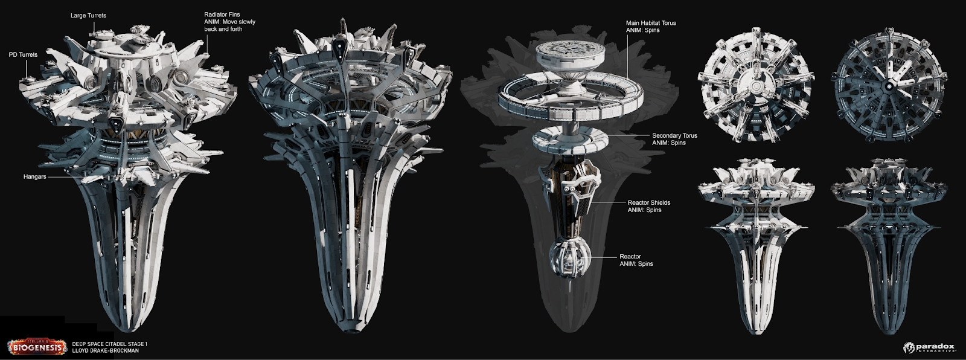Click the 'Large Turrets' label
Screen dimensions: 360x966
pyautogui.click(x=88, y=16)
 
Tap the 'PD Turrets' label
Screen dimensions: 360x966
pyautogui.click(x=23, y=54)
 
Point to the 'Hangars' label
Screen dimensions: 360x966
pyautogui.click(x=34, y=177)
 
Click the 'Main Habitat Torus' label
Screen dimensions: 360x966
pyautogui.click(x=651, y=23)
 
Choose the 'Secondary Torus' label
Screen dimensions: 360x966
pyautogui.click(x=674, y=136)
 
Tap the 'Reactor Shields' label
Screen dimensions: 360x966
pyautogui.click(x=648, y=203)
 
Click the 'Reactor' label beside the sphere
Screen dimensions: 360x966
pyautogui.click(x=630, y=257)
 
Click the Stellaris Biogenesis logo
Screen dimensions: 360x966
pyautogui.click(x=37, y=347)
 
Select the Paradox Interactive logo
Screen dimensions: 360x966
pyautogui.click(x=929, y=347)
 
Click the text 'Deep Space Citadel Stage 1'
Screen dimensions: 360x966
pyautogui.click(x=109, y=344)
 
